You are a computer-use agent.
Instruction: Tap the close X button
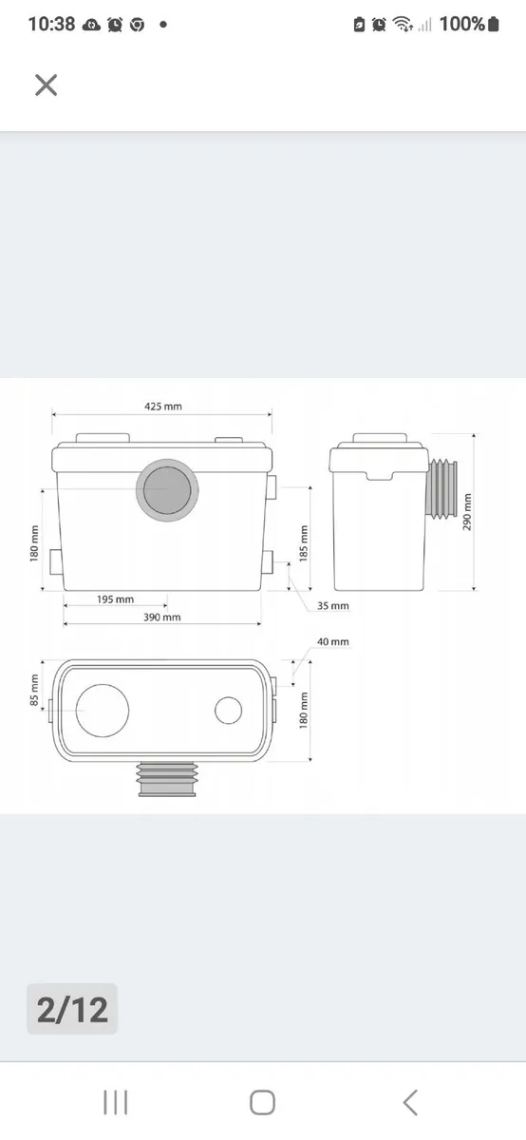pyautogui.click(x=46, y=85)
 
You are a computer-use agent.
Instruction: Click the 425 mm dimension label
pyautogui.click(x=162, y=407)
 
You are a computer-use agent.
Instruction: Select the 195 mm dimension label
pyautogui.click(x=116, y=599)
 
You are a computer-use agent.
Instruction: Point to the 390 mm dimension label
pyautogui.click(x=161, y=617)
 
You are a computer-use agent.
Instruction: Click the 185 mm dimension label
pyautogui.click(x=304, y=543)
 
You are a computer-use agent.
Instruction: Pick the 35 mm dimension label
pyautogui.click(x=333, y=606)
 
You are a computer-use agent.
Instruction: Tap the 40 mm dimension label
pyautogui.click(x=333, y=641)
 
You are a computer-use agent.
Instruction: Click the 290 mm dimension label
pyautogui.click(x=467, y=512)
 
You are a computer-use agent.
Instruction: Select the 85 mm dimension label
pyautogui.click(x=34, y=691)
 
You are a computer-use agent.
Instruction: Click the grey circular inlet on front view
pyautogui.click(x=167, y=489)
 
